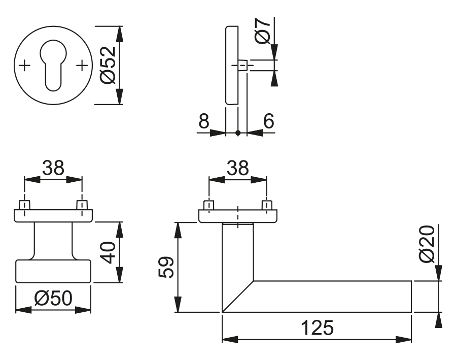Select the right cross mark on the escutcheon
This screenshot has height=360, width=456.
pos(82,66)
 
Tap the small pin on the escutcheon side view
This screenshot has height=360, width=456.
pos(243,66)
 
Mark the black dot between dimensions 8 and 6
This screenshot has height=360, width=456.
pos(238,133)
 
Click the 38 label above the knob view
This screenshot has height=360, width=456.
pos(53,168)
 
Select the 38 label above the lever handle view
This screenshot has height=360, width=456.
pos(238,168)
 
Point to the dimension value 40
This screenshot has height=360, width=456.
pos(108,252)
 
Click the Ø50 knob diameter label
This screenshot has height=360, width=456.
pos(53,299)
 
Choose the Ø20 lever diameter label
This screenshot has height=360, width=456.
pos(428,244)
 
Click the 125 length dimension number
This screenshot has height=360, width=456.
pos(317,328)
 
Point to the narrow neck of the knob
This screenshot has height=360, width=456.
pos(53,241)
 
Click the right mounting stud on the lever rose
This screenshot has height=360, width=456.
pos(266,205)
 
